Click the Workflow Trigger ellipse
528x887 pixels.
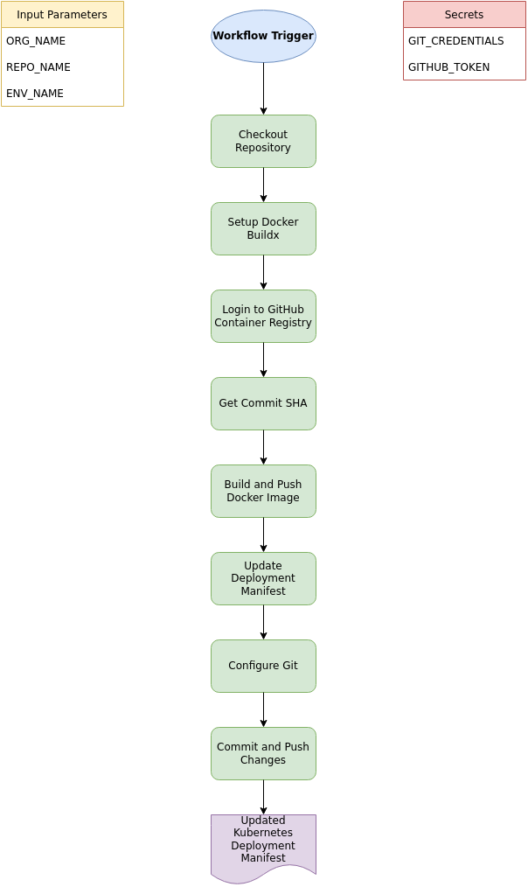(x=263, y=37)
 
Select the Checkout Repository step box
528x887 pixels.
(x=263, y=141)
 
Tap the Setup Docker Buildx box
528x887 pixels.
(x=263, y=228)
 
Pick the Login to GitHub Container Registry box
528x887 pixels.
(x=263, y=316)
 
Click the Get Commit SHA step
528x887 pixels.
(x=263, y=403)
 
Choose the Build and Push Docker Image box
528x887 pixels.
(x=263, y=491)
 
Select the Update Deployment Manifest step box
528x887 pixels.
(x=263, y=578)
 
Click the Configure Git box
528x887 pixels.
(x=263, y=666)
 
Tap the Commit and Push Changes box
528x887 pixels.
(x=263, y=753)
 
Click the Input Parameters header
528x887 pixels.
(x=62, y=15)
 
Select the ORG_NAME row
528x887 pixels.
(x=62, y=41)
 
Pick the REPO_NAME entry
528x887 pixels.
(x=62, y=67)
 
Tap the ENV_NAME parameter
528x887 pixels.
(x=62, y=94)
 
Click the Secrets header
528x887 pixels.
(x=464, y=15)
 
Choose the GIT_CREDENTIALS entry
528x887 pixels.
(x=464, y=41)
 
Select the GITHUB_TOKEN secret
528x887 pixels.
(x=464, y=67)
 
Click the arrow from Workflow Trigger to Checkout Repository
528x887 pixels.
(x=263, y=88)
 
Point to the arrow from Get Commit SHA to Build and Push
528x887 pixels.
(x=263, y=447)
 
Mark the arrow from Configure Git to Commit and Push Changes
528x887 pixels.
(x=263, y=709)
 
